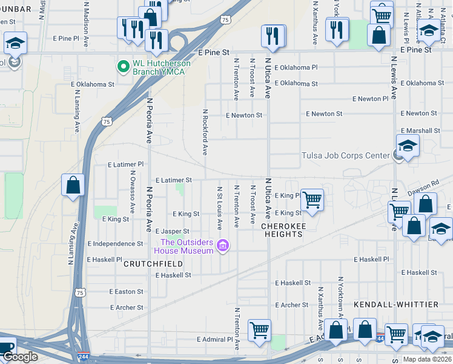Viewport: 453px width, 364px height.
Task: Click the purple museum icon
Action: (x=223, y=246)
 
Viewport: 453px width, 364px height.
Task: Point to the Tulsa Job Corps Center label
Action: (x=345, y=155)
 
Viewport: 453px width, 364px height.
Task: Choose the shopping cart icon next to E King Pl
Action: (x=312, y=199)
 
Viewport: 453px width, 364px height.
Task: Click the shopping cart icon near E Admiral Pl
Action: (x=259, y=330)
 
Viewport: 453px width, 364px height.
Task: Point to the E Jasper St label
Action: (x=172, y=231)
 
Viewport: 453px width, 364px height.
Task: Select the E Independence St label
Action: (x=115, y=243)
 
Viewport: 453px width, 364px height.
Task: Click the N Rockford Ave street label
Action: (x=205, y=131)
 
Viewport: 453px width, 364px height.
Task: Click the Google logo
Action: (x=20, y=357)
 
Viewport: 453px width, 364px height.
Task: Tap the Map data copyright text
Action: (x=427, y=359)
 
